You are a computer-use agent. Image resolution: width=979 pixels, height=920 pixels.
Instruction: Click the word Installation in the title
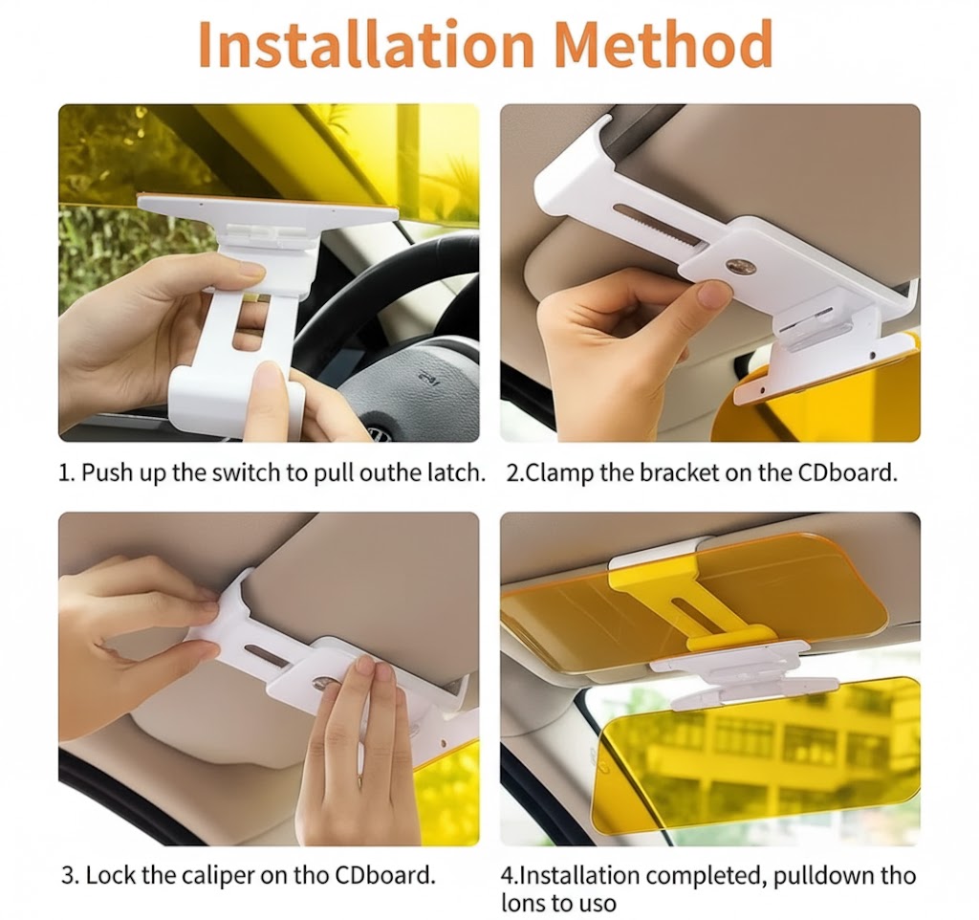pyautogui.click(x=365, y=43)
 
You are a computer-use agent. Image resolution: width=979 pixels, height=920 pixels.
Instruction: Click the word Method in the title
pyautogui.click(x=664, y=43)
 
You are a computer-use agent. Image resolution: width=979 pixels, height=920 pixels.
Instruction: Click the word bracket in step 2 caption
pyautogui.click(x=666, y=472)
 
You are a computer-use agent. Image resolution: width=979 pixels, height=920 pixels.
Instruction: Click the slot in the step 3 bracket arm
pyautogui.click(x=269, y=653)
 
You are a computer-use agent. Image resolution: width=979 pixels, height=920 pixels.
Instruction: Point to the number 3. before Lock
pyautogui.click(x=69, y=875)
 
